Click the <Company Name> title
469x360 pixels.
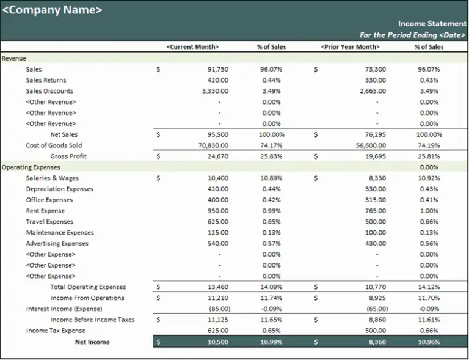[53, 10]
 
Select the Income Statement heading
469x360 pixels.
[432, 24]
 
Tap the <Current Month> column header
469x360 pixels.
[192, 46]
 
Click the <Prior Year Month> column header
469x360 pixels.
[351, 46]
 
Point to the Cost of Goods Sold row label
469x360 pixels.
[54, 145]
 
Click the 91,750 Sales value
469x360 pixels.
[218, 69]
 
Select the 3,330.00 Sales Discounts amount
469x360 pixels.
[216, 91]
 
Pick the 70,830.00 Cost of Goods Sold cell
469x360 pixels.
[213, 145]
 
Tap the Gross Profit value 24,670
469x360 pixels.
[218, 156]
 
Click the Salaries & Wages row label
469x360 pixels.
[53, 178]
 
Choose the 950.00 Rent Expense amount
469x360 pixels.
[218, 211]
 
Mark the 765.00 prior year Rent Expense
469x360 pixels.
[376, 211]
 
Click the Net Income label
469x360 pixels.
[92, 342]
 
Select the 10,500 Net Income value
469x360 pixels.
[218, 342]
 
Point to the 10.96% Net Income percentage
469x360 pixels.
[429, 342]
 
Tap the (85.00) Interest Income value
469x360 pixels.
[220, 309]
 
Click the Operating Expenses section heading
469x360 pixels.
[31, 167]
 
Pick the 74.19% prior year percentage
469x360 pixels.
[429, 145]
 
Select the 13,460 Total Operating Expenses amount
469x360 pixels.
[218, 287]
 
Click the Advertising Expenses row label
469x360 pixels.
[57, 243]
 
